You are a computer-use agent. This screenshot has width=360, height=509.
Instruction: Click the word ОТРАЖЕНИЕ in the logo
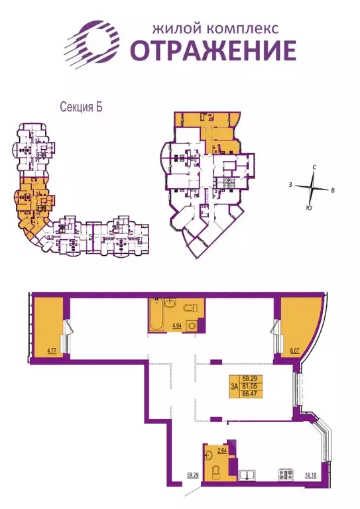coord(211,50)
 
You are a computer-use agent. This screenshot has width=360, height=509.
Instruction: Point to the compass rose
coord(312,188)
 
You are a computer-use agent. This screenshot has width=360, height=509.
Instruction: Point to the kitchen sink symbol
coord(249,473)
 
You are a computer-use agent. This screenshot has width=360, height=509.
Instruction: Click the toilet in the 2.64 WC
coord(216,471)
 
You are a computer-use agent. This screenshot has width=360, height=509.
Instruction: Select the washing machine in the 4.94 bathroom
coord(192,325)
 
